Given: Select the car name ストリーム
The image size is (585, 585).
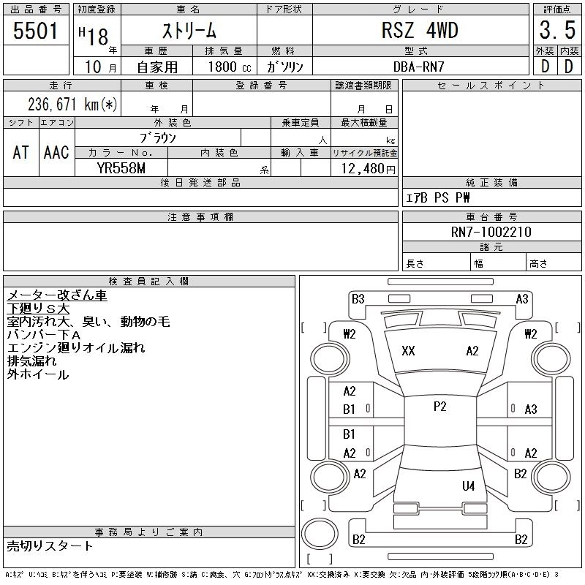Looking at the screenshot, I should click(189, 31).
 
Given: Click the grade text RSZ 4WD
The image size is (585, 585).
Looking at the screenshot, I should click(420, 31).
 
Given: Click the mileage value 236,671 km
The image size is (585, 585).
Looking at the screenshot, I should click(72, 104).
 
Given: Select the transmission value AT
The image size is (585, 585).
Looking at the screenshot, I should click(21, 152).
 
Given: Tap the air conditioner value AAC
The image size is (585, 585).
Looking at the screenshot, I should click(56, 152).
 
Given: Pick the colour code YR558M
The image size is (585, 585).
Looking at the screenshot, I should click(121, 168).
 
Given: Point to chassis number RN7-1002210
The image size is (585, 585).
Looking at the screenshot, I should click(491, 232).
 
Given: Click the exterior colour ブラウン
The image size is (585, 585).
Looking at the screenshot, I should click(158, 137).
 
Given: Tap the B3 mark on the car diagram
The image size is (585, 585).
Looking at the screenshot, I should click(358, 298).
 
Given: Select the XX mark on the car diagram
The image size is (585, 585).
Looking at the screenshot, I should click(408, 351).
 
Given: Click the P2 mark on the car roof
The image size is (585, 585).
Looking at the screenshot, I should click(439, 407).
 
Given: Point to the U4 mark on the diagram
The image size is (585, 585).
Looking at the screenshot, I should click(468, 486).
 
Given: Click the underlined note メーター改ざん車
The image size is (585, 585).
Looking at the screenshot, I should click(57, 295).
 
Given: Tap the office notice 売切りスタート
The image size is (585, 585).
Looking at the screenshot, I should click(50, 546).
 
